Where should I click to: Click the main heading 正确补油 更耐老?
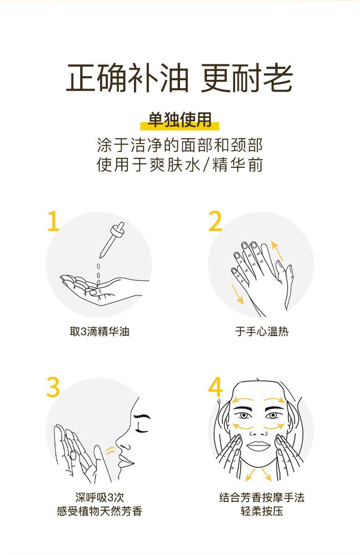pyautogui.click(x=180, y=78)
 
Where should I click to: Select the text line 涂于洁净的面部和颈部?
pyautogui.click(x=180, y=145)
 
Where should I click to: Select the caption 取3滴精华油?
pyautogui.click(x=99, y=332)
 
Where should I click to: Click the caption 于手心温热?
pyautogui.click(x=262, y=332)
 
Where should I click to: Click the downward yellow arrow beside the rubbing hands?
pyautogui.click(x=237, y=294)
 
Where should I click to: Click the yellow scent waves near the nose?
pyautogui.click(x=109, y=451)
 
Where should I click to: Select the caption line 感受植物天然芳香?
pyautogui.click(x=99, y=511)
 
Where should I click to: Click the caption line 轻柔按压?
pyautogui.click(x=262, y=511)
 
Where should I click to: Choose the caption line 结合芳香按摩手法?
pyautogui.click(x=262, y=497)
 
